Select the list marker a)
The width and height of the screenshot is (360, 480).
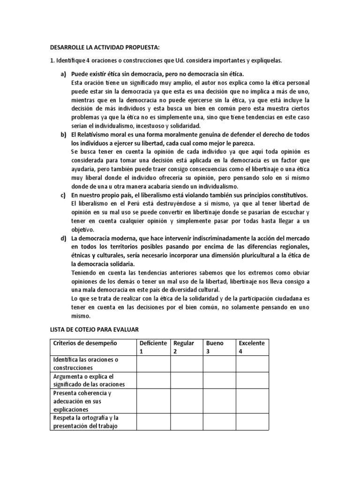point(63,75)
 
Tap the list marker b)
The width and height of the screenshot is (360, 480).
point(63,135)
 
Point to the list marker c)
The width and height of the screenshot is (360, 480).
point(63,195)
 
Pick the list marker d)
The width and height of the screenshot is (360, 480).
point(63,238)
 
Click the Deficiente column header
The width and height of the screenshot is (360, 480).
point(152,343)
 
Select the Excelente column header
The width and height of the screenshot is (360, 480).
point(252,343)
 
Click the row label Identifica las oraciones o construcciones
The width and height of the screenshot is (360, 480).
point(85,363)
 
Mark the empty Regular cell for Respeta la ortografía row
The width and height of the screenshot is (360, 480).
point(186,422)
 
